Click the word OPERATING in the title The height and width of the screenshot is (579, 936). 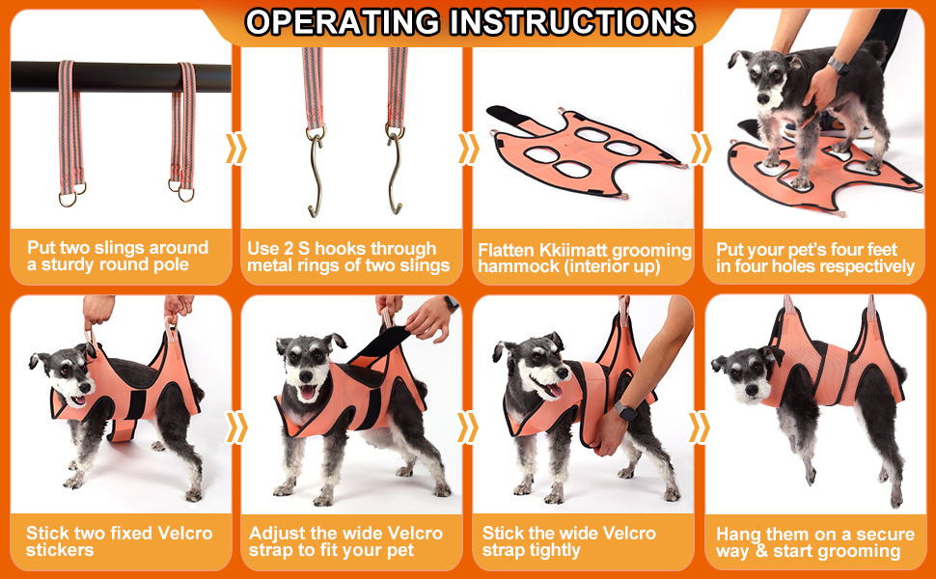[344, 22]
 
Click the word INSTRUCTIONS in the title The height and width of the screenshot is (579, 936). [572, 22]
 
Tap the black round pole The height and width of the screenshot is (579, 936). [121, 76]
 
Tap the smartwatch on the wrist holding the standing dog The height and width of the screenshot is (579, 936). [839, 65]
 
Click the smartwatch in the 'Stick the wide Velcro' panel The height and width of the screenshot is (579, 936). [625, 411]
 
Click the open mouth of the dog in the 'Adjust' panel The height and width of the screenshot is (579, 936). [308, 393]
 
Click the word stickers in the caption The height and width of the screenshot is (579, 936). [60, 550]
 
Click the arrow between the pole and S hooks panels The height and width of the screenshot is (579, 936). [235, 149]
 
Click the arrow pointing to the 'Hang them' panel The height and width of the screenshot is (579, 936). [699, 427]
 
